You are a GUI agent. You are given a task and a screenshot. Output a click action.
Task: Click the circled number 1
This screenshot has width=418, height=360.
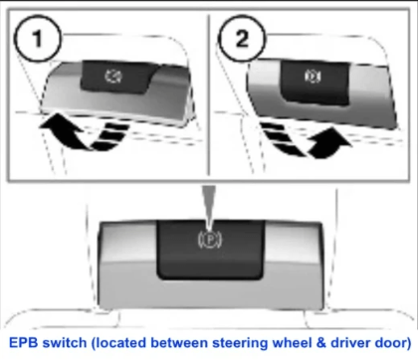coord(38,39)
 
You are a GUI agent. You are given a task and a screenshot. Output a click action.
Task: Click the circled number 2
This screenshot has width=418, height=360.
coord(242,39)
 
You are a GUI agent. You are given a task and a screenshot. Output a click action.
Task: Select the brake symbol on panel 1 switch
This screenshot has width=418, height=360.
coord(113,76)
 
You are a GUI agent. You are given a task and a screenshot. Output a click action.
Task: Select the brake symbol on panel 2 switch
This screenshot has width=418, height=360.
coord(313,77)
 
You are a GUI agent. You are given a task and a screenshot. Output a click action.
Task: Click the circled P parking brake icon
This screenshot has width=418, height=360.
coord(210,240)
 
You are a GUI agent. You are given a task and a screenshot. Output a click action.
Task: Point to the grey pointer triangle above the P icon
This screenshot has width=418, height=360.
coord(209,207)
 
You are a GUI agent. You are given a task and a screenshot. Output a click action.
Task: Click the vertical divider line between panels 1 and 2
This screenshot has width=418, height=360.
coord(209,94)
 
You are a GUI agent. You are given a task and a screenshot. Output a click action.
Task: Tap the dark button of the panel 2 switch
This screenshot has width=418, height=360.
coord(314,83)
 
